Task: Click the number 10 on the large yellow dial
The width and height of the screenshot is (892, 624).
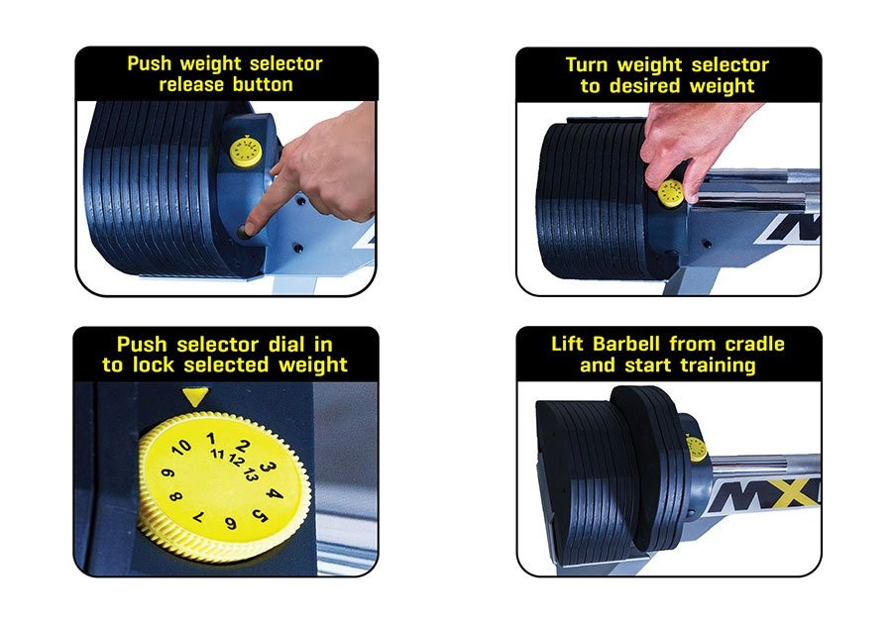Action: pos(181,448)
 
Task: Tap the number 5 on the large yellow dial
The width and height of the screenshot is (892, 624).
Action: pos(260,516)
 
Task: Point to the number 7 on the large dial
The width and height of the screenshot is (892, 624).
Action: pos(198,518)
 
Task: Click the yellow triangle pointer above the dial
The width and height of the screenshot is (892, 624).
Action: pos(195,396)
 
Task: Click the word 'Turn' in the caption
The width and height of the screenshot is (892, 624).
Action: pos(588,64)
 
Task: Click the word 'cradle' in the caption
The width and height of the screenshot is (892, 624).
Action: pos(754,344)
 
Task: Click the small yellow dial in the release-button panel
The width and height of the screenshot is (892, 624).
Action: pos(246,152)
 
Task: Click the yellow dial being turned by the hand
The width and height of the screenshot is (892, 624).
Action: pos(671,193)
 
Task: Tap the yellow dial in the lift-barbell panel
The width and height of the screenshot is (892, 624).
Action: pos(697,449)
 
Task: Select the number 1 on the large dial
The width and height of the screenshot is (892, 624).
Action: pos(211,438)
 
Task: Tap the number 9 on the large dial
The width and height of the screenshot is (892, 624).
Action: pos(167,473)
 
